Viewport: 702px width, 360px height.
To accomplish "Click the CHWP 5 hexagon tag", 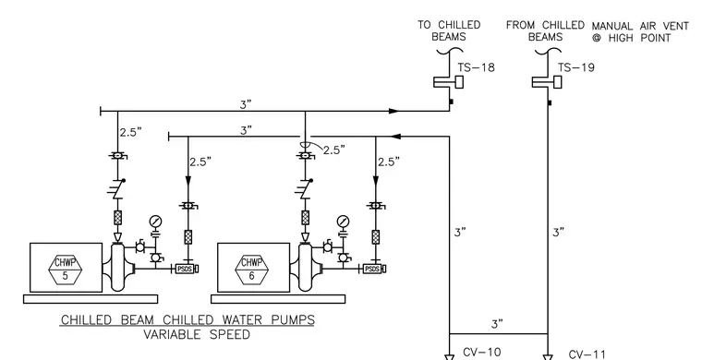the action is pyautogui.click(x=66, y=270).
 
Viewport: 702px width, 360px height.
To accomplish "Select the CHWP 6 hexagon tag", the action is pyautogui.click(x=252, y=270).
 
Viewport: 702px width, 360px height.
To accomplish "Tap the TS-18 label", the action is pyautogui.click(x=476, y=67).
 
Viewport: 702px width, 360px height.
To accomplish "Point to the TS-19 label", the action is pyautogui.click(x=576, y=67).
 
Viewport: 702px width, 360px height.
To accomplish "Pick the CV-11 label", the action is pyautogui.click(x=587, y=354).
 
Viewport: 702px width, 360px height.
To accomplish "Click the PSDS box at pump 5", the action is pyautogui.click(x=186, y=269).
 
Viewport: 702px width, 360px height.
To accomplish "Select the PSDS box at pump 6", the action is pyautogui.click(x=373, y=269).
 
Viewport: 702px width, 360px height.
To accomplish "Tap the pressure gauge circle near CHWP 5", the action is pyautogui.click(x=156, y=222).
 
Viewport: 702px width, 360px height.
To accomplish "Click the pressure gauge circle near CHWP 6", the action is pyautogui.click(x=343, y=222).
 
